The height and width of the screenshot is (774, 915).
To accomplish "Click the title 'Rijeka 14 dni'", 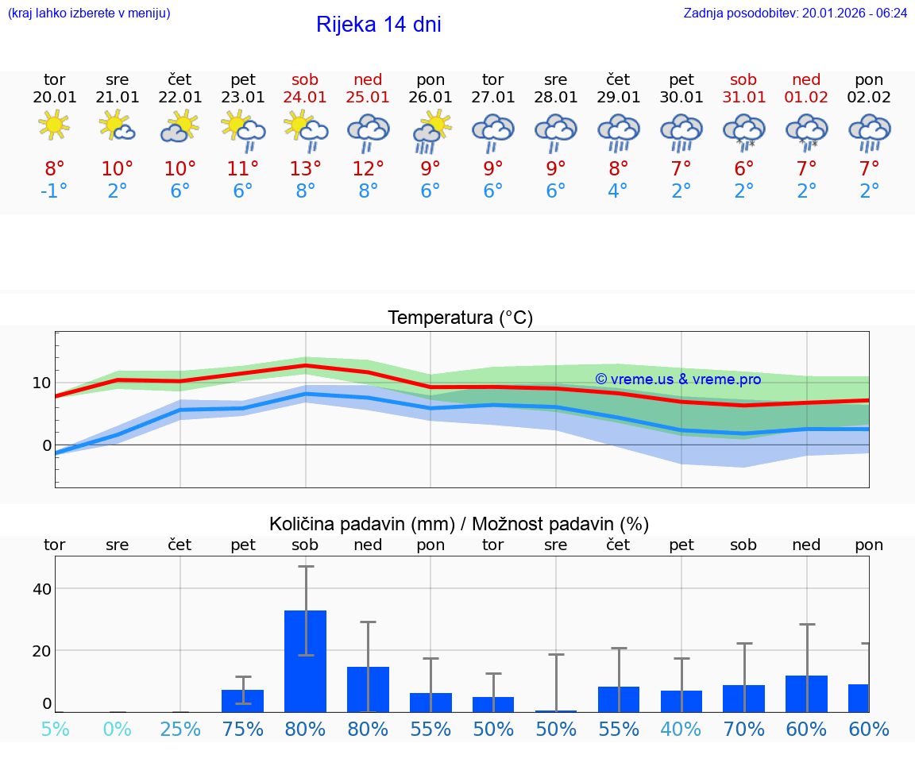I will pyautogui.click(x=378, y=25).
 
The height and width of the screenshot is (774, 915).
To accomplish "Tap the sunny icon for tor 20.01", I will pyautogui.click(x=54, y=125).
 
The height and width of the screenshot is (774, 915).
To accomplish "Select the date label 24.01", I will pyautogui.click(x=305, y=97).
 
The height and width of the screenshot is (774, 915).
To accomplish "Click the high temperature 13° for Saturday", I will pyautogui.click(x=305, y=169).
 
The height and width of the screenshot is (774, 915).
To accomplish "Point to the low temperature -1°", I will pyautogui.click(x=54, y=192).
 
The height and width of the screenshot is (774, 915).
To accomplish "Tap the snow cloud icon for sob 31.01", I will pyautogui.click(x=743, y=130).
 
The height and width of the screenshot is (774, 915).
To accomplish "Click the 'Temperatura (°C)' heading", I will pyautogui.click(x=460, y=318).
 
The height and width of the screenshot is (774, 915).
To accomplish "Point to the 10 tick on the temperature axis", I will pyautogui.click(x=41, y=383).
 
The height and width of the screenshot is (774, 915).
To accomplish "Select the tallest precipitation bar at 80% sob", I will pyautogui.click(x=305, y=660).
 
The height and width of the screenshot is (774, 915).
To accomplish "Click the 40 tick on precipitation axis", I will pyautogui.click(x=41, y=589).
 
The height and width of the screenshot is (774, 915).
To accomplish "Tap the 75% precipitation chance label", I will pyautogui.click(x=242, y=729).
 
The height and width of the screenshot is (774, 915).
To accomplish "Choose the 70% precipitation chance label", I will pyautogui.click(x=743, y=729).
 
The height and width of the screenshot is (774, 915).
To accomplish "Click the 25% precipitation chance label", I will pyautogui.click(x=180, y=729).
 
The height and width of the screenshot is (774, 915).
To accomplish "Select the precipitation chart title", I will pyautogui.click(x=459, y=524).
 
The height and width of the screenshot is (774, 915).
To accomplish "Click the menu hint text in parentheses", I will pyautogui.click(x=89, y=13).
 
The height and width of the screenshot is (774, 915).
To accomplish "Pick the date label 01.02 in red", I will pyautogui.click(x=806, y=97).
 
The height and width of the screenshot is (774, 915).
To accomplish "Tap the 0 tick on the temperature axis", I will pyautogui.click(x=46, y=445).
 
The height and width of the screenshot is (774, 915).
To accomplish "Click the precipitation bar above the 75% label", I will pyautogui.click(x=242, y=701).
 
